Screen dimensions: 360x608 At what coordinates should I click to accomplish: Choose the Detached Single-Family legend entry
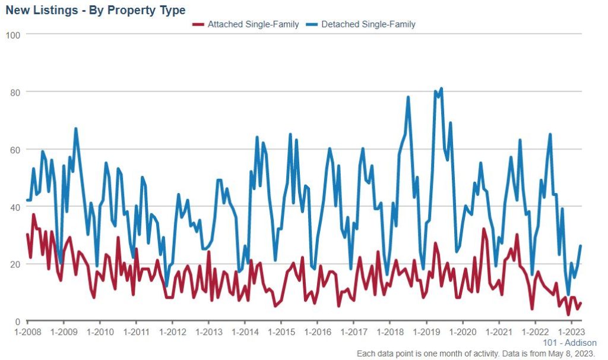[368, 24]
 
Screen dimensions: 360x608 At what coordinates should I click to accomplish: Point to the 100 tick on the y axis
[13, 35]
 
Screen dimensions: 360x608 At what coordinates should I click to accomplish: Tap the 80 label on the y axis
[15, 92]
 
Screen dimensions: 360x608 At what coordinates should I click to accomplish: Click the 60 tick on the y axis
[15, 150]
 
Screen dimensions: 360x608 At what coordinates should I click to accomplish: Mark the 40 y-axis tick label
[15, 207]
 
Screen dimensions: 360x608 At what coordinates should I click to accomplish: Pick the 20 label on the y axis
[15, 264]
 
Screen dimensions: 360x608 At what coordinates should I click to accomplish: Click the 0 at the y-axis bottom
[18, 321]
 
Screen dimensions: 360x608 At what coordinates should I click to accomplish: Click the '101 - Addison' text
[569, 343]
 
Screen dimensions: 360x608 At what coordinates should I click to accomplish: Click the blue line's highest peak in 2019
[441, 89]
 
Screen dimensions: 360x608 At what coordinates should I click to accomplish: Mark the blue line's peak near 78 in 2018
[408, 97]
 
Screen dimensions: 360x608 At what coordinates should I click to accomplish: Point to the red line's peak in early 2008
[34, 214]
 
